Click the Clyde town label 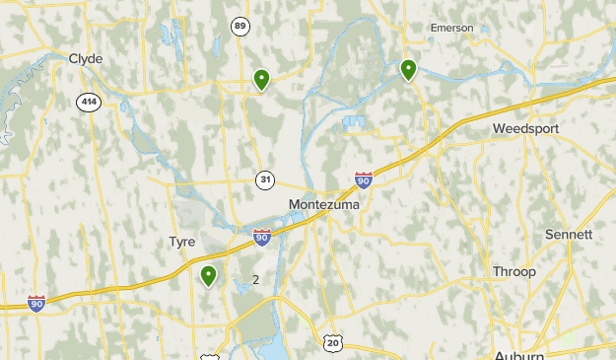click(x=86, y=59)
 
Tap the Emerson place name click(x=452, y=28)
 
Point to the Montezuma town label click(x=324, y=204)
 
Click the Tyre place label click(x=182, y=242)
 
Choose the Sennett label click(x=569, y=235)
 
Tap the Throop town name click(x=514, y=271)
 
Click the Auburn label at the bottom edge click(x=519, y=354)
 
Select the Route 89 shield click(x=240, y=27)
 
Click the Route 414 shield click(x=89, y=101)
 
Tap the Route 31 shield click(x=265, y=180)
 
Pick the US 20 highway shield click(x=333, y=342)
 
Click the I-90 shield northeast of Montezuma click(x=364, y=180)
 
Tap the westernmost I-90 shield click(x=36, y=303)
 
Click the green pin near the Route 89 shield click(x=261, y=79)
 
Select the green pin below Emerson click(x=408, y=69)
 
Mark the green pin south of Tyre click(x=209, y=275)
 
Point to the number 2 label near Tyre click(x=256, y=280)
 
